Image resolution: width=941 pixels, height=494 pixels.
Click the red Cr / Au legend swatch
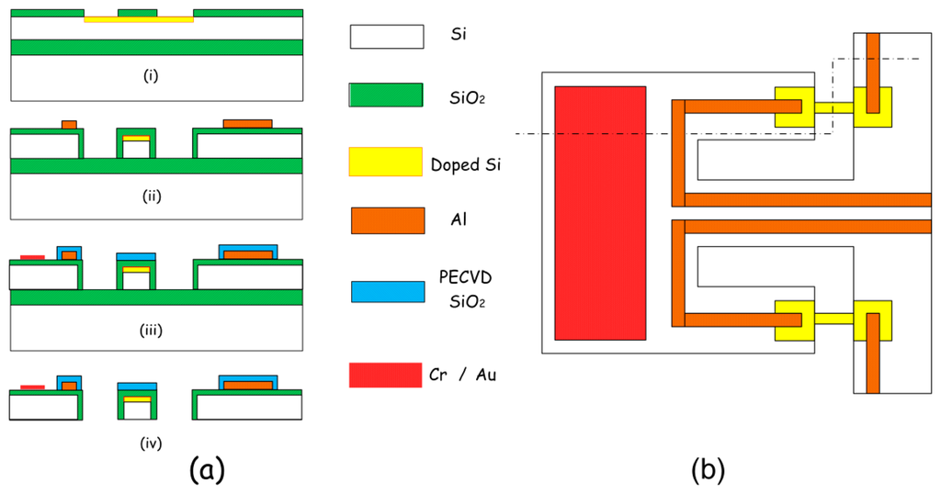(x=386, y=375)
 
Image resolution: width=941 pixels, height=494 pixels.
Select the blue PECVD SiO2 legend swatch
(x=386, y=291)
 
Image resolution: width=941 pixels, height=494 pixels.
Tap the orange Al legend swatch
(x=387, y=220)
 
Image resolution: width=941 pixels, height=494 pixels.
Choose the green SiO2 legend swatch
(x=386, y=95)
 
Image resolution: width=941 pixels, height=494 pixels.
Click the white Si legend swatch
(x=386, y=37)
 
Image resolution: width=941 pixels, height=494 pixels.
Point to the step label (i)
(x=152, y=76)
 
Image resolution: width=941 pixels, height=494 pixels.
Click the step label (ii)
(x=152, y=195)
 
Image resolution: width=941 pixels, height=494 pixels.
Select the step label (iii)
(x=152, y=329)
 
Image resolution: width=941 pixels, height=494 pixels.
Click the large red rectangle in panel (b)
(x=600, y=212)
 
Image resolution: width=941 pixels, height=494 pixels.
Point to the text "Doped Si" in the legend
(x=467, y=165)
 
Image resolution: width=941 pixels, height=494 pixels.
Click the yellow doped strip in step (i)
(x=138, y=19)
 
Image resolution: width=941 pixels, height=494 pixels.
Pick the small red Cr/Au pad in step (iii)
(x=32, y=256)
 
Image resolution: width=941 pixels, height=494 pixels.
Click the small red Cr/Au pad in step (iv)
(x=32, y=387)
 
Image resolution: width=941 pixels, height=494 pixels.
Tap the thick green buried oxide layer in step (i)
(x=156, y=47)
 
